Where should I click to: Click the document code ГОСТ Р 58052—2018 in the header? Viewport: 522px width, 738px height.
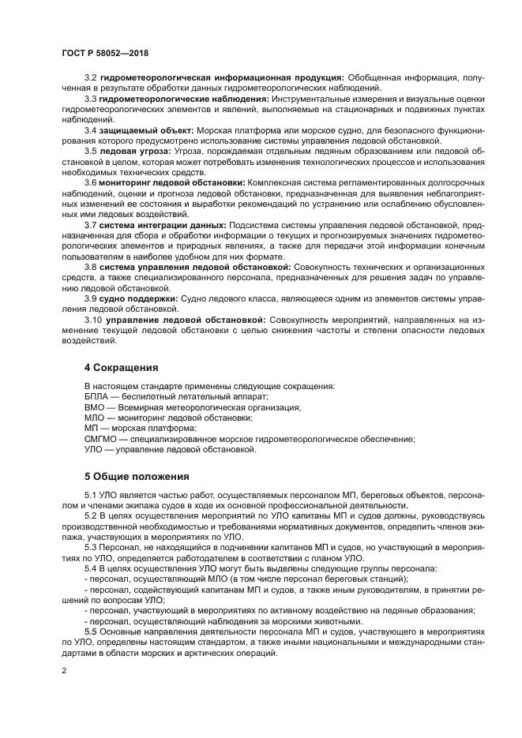coord(105,53)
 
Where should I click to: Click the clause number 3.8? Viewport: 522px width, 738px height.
coord(91,267)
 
